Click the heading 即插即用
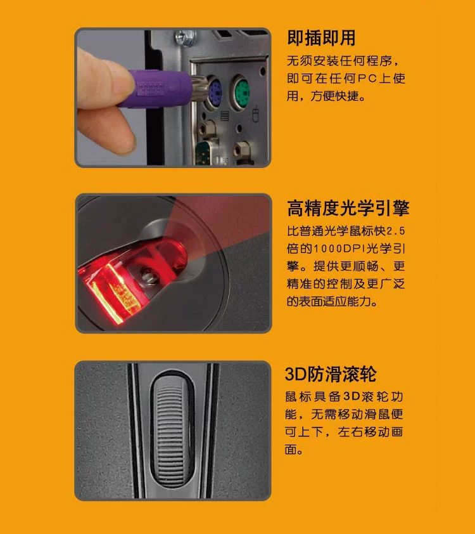tap(321, 37)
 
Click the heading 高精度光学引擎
tap(348, 208)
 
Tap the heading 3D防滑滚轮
tap(331, 374)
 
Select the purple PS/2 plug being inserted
tap(160, 88)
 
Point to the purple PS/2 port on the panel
tap(215, 91)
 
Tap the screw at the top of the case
tap(186, 37)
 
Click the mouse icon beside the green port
tap(255, 114)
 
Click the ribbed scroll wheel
tap(172, 430)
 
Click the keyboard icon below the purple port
tap(224, 115)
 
